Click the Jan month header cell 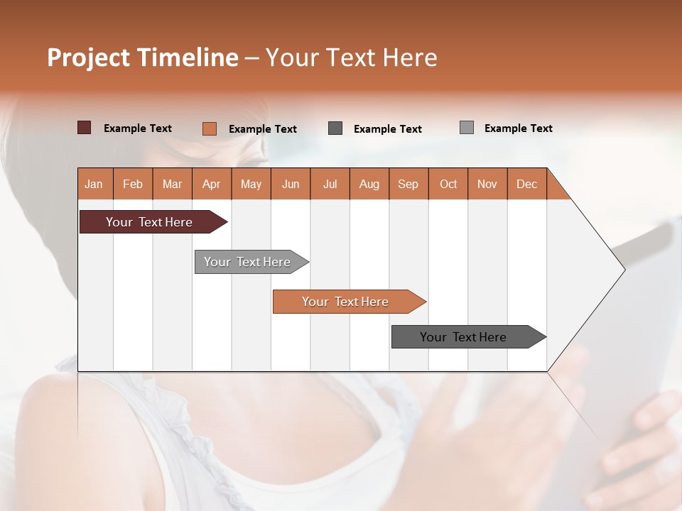coord(94,184)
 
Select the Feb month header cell coord(133,184)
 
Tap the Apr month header coord(212,184)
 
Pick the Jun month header coord(291,184)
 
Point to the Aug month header coord(369,184)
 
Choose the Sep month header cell coord(408,184)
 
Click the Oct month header coord(448,184)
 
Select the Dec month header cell coord(527,184)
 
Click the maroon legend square coord(85,128)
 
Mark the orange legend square coord(210,128)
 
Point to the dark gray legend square coord(335,128)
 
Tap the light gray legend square coord(467,128)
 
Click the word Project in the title coord(89,57)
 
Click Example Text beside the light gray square coord(518,128)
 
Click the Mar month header coord(172,184)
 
